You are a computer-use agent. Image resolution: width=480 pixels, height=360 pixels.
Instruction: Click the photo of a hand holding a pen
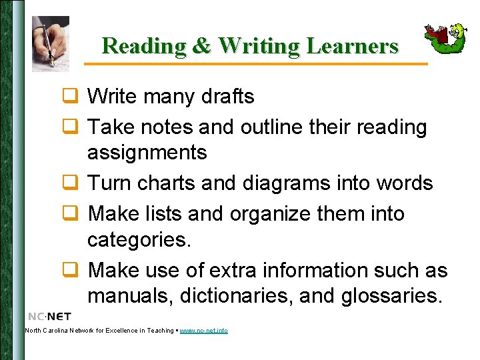(51, 43)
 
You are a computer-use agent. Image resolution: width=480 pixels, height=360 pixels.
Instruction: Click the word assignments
(147, 153)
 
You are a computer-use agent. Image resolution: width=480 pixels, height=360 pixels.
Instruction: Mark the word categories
(139, 239)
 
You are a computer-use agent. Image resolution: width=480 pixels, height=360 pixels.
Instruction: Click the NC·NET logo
(50, 316)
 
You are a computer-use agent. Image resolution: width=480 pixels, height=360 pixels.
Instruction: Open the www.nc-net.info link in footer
(203, 331)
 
